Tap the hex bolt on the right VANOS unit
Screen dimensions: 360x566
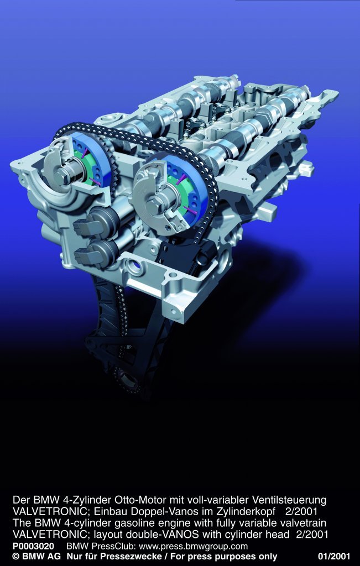(x=152, y=206)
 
